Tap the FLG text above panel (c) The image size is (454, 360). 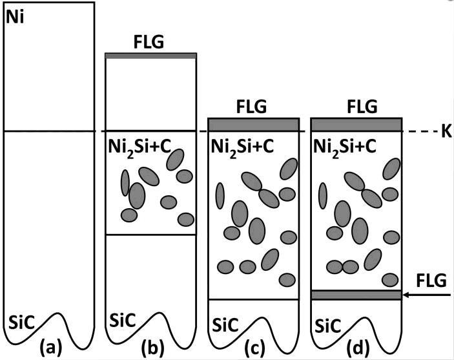pos(253,105)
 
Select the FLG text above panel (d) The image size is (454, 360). pos(356,105)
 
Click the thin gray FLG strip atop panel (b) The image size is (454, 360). pos(150,56)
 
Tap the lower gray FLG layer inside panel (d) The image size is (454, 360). pos(356,295)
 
